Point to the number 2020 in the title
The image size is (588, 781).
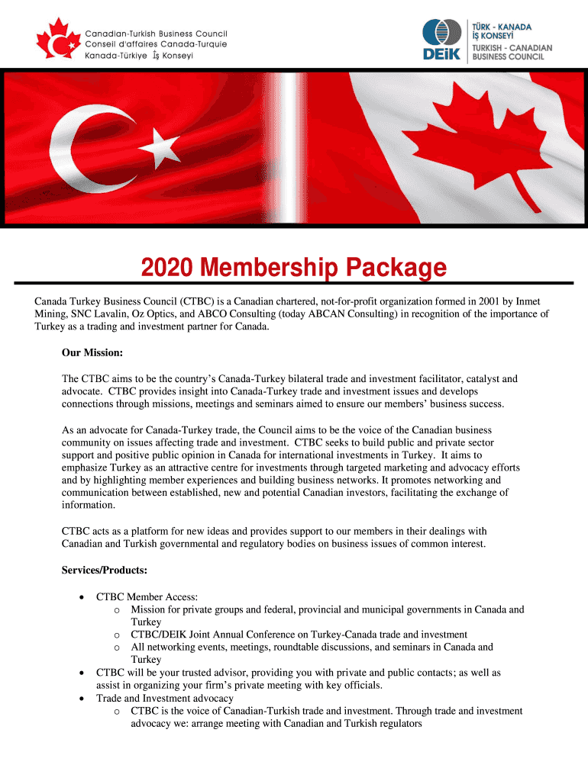166,268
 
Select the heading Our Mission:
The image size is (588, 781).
92,353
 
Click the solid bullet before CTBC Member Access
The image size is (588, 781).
82,597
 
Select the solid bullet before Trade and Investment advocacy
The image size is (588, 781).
82,698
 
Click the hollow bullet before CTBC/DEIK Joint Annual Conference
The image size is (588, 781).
116,635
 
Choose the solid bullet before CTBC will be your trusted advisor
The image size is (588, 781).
82,673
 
